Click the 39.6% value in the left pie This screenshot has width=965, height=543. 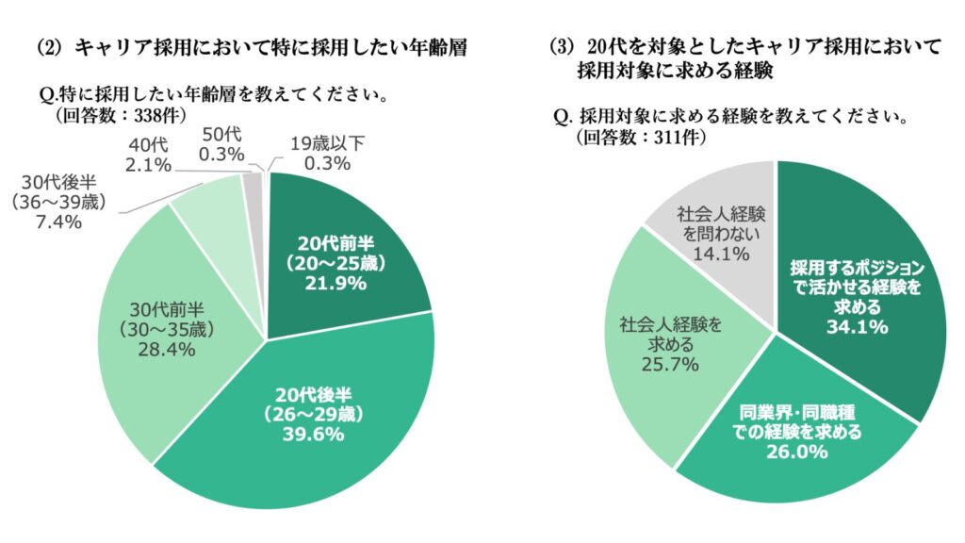click(313, 434)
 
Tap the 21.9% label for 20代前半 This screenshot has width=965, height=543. click(335, 283)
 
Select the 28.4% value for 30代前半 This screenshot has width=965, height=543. click(166, 349)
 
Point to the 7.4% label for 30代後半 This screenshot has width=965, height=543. click(58, 222)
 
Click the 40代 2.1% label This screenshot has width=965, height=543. click(148, 155)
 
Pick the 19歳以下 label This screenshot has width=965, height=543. click(327, 143)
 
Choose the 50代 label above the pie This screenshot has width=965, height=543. click(222, 134)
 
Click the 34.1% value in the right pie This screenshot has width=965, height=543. click(857, 325)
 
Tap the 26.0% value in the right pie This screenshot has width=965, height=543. click(797, 452)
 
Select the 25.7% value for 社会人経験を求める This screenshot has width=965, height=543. click(670, 364)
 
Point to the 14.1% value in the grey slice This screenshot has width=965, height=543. click(721, 253)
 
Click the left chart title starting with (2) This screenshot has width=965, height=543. click(253, 47)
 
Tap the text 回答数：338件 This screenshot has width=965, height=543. click(121, 116)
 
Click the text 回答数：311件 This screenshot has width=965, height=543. click(641, 137)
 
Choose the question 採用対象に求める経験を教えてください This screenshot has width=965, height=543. click(731, 116)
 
